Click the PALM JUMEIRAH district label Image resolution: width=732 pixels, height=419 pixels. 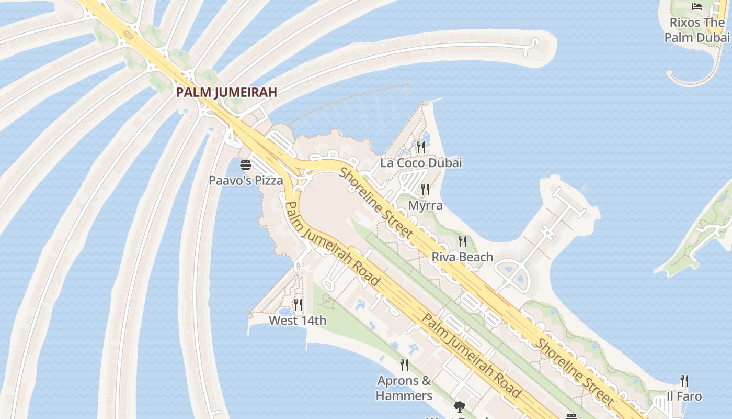click(226, 92)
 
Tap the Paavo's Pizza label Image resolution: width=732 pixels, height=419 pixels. click(246, 181)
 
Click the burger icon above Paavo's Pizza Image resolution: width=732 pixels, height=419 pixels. click(246, 166)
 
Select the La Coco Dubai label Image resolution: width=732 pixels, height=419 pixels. click(421, 163)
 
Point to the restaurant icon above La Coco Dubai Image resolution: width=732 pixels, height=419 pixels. click(421, 147)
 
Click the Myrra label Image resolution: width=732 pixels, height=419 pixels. click(425, 205)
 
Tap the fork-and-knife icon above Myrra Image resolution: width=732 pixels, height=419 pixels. click(425, 190)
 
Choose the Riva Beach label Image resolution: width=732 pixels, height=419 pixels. click(462, 257)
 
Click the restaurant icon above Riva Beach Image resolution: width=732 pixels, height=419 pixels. click(463, 241)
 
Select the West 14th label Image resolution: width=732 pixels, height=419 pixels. click(298, 321)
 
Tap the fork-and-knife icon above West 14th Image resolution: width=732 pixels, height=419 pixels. click(298, 304)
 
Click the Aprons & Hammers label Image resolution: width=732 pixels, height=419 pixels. click(404, 388)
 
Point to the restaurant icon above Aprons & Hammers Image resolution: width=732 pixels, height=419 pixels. click(404, 365)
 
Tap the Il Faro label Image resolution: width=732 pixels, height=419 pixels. click(684, 396)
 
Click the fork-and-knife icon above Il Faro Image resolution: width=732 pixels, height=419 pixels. click(684, 380)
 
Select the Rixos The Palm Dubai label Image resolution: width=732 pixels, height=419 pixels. click(697, 30)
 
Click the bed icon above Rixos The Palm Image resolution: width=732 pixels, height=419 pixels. click(697, 7)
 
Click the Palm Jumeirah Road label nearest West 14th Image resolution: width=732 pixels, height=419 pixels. click(333, 244)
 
